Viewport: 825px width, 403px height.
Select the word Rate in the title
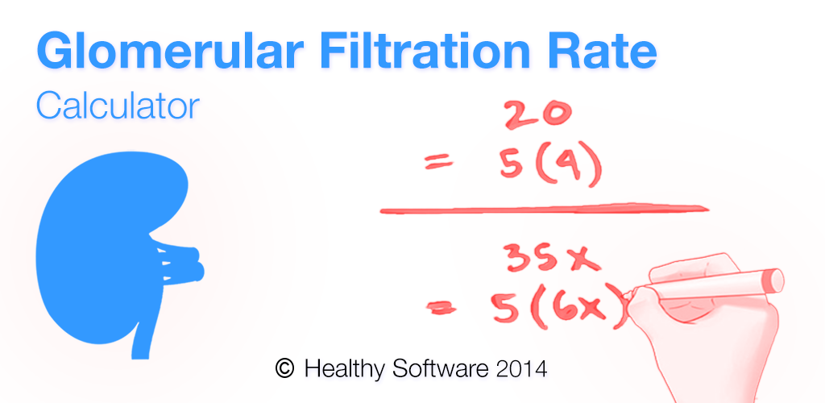[603, 52]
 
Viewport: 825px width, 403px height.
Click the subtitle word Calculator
[117, 106]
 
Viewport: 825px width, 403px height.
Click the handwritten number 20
[537, 116]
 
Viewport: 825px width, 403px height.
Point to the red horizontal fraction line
[544, 210]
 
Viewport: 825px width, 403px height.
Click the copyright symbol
[284, 368]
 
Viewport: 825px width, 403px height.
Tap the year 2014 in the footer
[521, 368]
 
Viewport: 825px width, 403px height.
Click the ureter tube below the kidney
[141, 330]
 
